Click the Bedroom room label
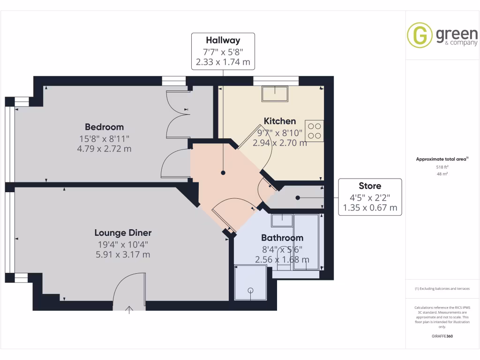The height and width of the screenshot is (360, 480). point(104,127)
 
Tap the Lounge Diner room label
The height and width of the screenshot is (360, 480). point(123,233)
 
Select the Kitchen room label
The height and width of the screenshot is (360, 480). point(279,121)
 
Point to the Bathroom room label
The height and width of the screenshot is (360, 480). point(282,238)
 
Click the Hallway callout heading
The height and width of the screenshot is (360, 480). point(223,41)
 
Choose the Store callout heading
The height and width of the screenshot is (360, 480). point(370,186)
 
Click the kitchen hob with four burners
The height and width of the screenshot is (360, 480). point(314,131)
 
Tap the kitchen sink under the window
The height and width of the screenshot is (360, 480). point(275,93)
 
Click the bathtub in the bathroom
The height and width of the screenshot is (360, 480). point(306,242)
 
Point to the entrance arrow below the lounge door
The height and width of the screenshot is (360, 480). point(130,309)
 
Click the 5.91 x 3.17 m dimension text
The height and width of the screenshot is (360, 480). point(123,255)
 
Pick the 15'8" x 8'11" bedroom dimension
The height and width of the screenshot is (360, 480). point(104,138)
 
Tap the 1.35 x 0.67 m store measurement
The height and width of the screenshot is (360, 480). point(370,208)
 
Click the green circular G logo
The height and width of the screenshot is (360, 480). point(420,35)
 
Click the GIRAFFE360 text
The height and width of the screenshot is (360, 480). point(442,336)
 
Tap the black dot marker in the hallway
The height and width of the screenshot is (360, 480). point(223,172)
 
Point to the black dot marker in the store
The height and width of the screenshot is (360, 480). point(297,198)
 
